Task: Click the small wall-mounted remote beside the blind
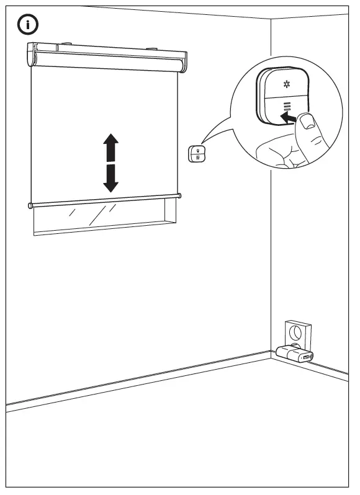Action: [x=194, y=153]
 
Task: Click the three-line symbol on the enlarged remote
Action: [x=287, y=107]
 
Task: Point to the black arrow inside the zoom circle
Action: [x=287, y=116]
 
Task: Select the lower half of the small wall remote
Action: [x=194, y=158]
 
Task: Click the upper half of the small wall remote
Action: [x=194, y=149]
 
